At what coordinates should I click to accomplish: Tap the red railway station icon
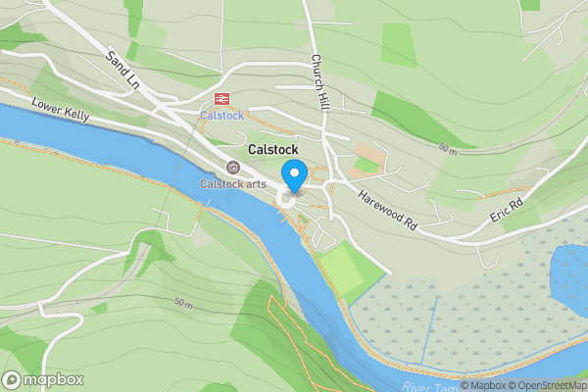221,98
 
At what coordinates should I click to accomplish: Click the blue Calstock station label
221,115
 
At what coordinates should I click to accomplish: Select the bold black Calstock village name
274,150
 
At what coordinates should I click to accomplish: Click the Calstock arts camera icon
232,168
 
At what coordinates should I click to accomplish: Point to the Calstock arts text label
233,183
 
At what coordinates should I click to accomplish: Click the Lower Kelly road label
61,109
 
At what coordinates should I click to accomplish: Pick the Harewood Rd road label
389,210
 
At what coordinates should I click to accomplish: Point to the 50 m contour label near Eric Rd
448,149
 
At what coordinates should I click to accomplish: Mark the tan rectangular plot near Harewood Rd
367,157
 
